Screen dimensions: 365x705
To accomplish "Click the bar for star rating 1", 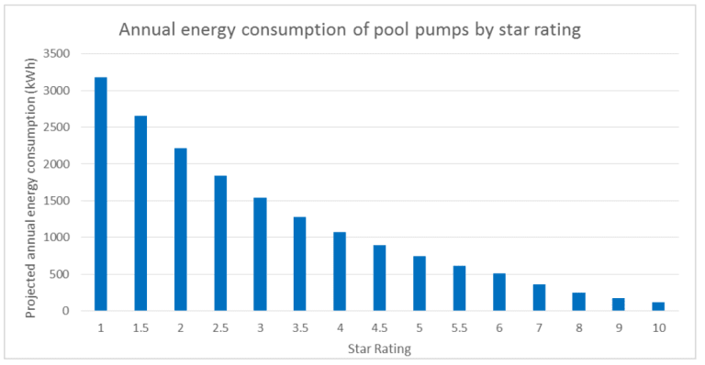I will [x=100, y=194].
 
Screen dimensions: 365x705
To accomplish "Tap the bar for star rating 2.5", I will [x=220, y=243].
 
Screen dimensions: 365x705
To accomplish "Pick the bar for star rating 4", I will [x=340, y=271].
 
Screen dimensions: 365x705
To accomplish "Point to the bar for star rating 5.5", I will [x=459, y=288].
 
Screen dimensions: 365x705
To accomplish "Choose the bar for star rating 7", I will [x=539, y=297].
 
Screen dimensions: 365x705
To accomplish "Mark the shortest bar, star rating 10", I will [x=658, y=306].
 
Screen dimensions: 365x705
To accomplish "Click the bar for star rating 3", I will [x=260, y=254].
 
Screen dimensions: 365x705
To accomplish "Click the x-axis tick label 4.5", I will [x=379, y=326].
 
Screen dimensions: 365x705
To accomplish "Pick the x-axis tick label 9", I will [x=619, y=326].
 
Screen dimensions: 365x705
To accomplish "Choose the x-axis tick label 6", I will [x=498, y=326].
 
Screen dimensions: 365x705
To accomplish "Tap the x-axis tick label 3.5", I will [x=299, y=326].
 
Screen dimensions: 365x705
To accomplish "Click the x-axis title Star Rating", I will [x=379, y=348].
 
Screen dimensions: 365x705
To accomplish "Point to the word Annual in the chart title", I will [x=151, y=29].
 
